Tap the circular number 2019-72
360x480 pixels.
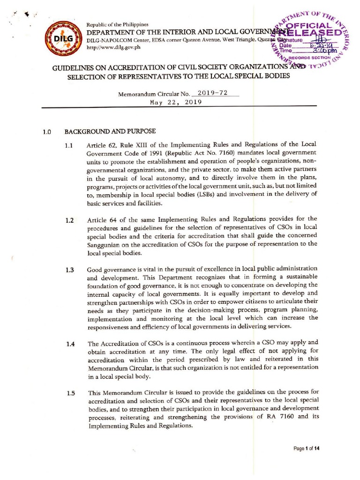point(212,93)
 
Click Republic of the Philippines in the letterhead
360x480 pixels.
point(117,24)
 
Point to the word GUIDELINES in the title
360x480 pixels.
point(75,68)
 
